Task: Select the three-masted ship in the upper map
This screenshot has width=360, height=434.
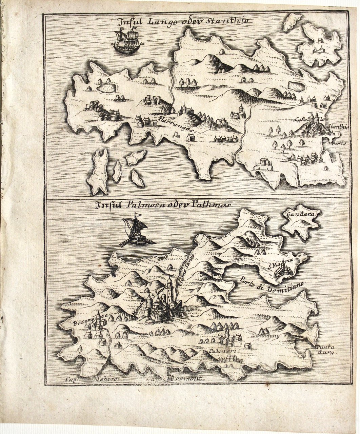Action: pyautogui.click(x=127, y=41)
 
